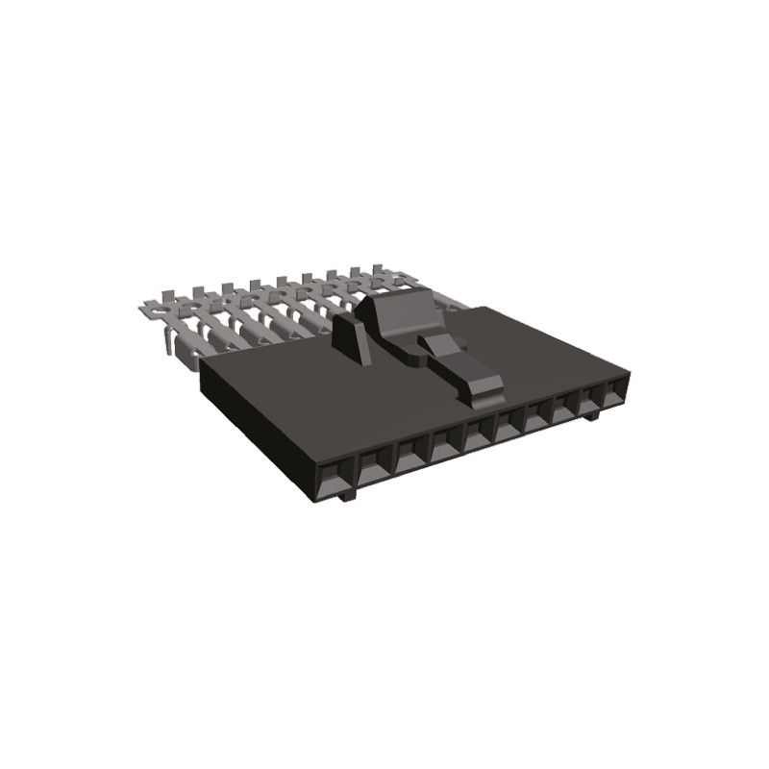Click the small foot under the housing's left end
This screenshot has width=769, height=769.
(x=349, y=495)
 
